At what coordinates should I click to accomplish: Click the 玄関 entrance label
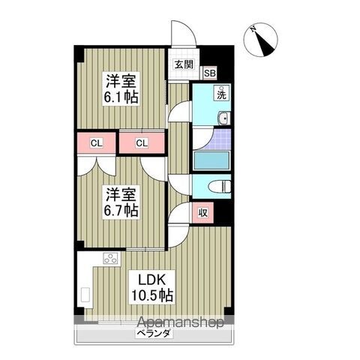click(184, 65)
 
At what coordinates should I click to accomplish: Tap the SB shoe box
click(209, 73)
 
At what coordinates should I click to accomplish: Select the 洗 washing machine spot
click(222, 94)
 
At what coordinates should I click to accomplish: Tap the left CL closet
click(97, 142)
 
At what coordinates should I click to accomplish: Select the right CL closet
click(142, 142)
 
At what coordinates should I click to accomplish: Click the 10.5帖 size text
click(155, 295)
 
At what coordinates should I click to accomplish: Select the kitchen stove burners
click(109, 259)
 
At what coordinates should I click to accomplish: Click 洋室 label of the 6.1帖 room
click(120, 81)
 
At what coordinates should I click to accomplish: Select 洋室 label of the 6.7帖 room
click(120, 193)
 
